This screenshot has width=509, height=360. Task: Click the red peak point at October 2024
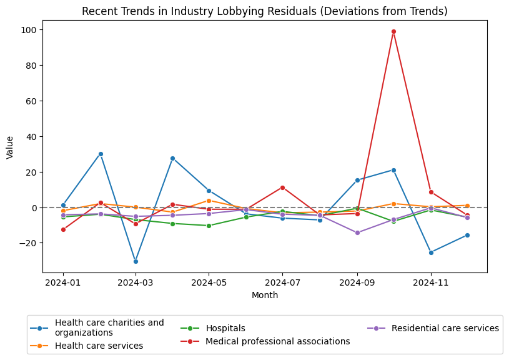pos(393,31)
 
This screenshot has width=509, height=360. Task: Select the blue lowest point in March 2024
pos(136,261)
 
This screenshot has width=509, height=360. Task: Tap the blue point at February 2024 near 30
pos(101,154)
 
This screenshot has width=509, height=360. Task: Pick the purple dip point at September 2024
pos(357,233)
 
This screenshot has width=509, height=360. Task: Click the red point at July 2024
pos(282,187)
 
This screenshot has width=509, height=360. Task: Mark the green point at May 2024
pos(209,226)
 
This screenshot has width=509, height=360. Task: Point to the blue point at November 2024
pos(431,252)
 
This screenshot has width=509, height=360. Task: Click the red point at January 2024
pos(63,229)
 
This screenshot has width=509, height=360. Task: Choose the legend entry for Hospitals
pos(225,328)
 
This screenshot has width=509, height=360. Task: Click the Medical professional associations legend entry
pos(277,341)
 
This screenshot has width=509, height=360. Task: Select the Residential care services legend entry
pos(445,328)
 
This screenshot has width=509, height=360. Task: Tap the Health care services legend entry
pos(99,346)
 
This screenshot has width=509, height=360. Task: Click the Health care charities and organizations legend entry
pos(109,327)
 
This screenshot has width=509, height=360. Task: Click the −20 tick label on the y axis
pos(29,243)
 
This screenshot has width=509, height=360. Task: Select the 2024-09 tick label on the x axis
pos(357,282)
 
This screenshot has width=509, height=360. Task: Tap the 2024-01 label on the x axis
pos(63,282)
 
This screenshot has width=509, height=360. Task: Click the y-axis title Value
pos(10,147)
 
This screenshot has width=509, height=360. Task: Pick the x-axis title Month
pos(265,295)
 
